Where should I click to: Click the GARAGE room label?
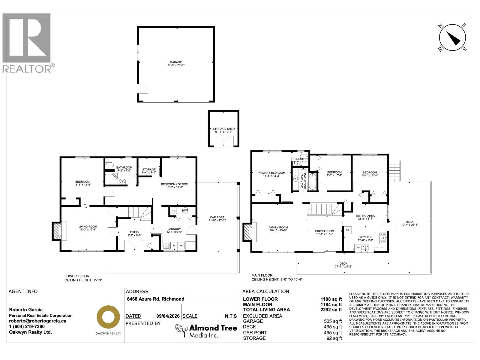click(176, 64)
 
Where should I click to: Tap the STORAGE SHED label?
click(223, 130)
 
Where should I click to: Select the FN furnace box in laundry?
click(173, 211)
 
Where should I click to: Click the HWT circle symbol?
click(185, 210)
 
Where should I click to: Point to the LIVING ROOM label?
click(88, 228)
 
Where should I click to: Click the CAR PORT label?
click(217, 219)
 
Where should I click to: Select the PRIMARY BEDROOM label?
click(271, 174)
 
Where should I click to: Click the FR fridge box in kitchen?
click(348, 230)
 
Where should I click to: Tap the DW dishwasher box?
click(358, 247)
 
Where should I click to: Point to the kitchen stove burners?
click(382, 238)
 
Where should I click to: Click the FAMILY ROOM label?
click(278, 229)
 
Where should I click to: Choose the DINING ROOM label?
click(324, 232)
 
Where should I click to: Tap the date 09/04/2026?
click(168, 316)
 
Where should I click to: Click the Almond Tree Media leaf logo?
click(181, 331)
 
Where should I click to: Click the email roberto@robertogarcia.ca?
click(37, 321)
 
